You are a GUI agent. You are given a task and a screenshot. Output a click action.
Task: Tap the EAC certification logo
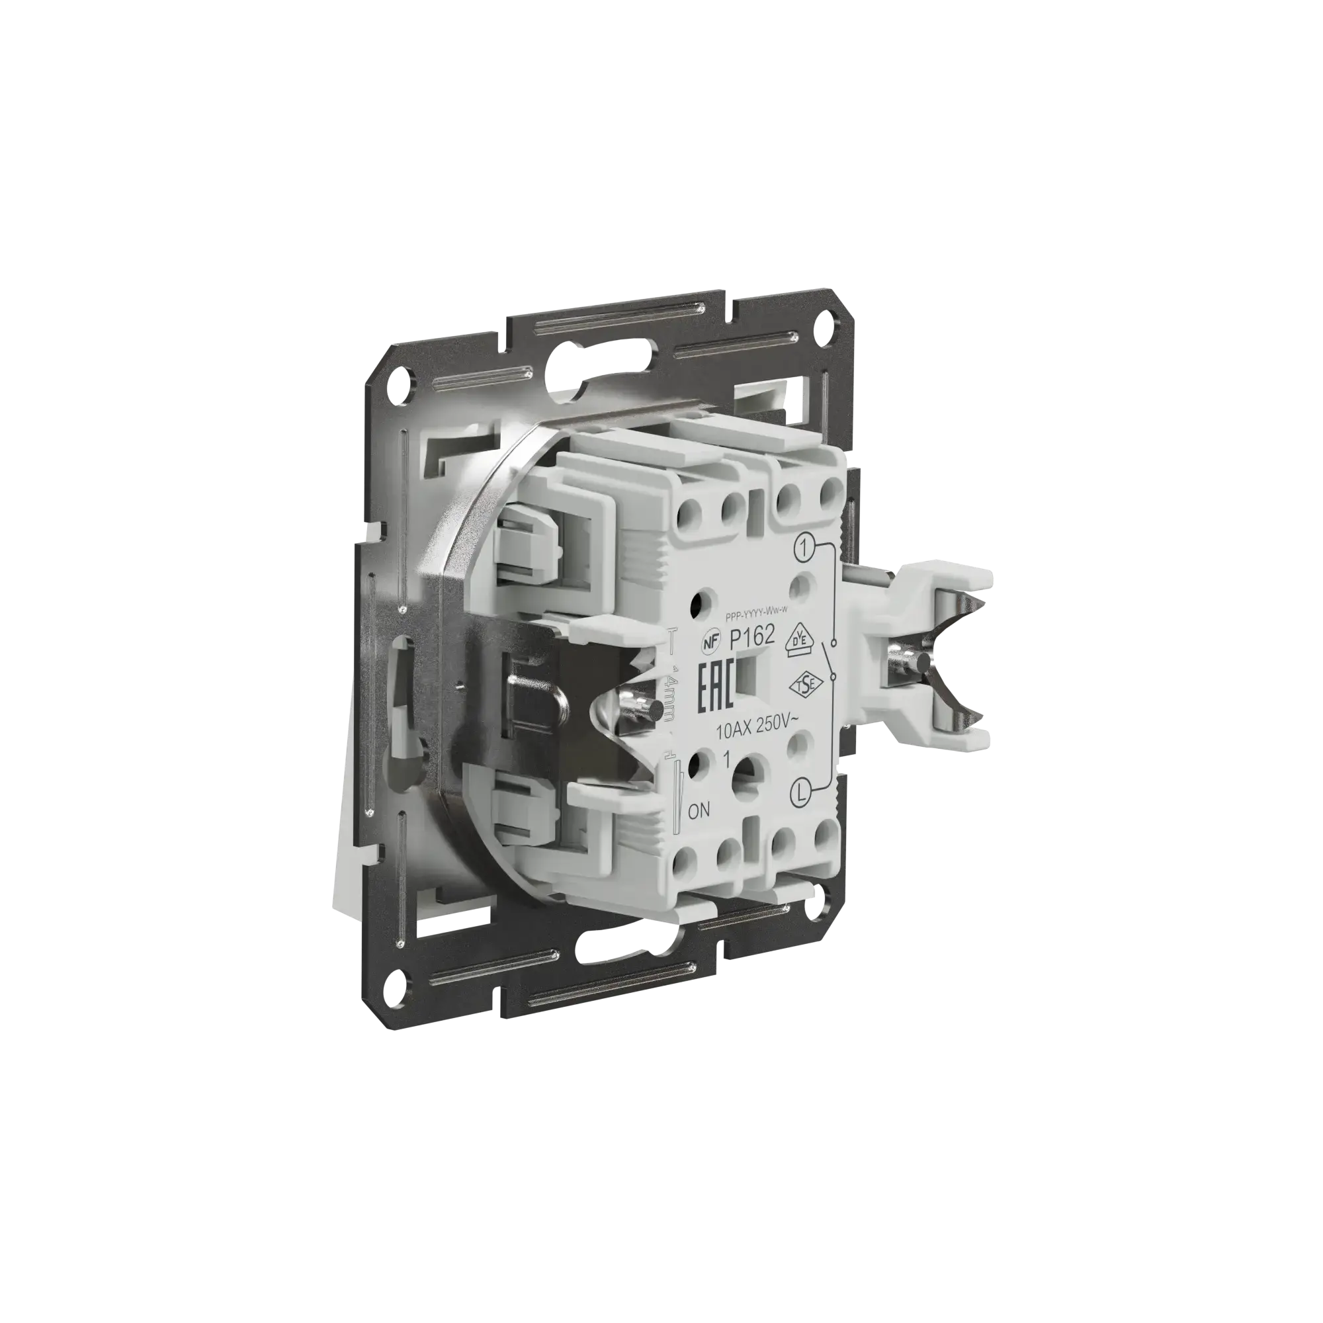point(716,684)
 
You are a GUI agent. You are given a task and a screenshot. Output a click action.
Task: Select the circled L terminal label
point(802,794)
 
